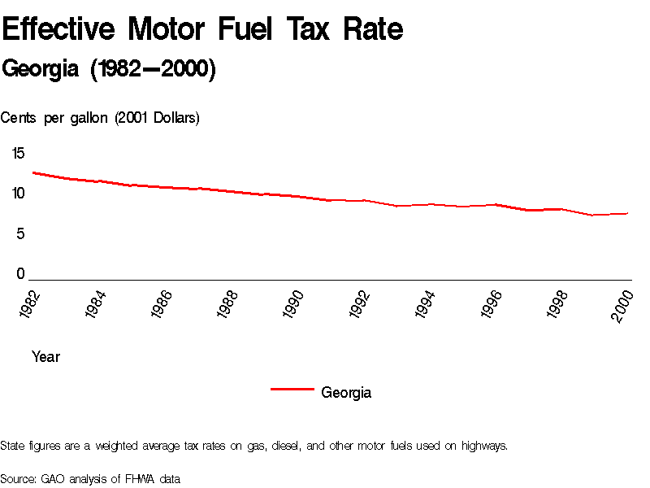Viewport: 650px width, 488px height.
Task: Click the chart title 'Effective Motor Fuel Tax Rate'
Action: coord(202,30)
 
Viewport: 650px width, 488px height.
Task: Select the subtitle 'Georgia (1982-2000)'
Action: coord(109,70)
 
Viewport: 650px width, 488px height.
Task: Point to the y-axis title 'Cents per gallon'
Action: coord(100,118)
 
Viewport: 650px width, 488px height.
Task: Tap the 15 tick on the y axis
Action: coord(18,153)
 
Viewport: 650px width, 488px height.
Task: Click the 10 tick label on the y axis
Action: coord(18,194)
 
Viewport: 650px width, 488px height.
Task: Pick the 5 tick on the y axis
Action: coord(21,234)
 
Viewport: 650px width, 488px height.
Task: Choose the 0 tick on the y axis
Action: coord(21,275)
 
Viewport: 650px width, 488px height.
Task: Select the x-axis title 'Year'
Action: coord(45,357)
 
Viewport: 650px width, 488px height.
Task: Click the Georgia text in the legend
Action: coord(346,393)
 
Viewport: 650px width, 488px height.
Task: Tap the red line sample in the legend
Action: coord(292,390)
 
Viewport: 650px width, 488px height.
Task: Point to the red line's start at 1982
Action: coord(32,172)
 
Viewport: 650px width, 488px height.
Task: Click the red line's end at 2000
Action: coord(628,213)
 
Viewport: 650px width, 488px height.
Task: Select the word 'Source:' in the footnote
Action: coord(19,479)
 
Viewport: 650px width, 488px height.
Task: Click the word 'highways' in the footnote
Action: coord(484,446)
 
